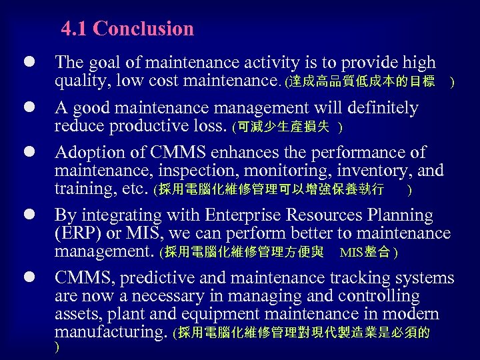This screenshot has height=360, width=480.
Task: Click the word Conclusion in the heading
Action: click(x=144, y=29)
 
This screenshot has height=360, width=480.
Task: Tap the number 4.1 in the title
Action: click(x=75, y=29)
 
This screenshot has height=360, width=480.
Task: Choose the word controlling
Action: click(x=378, y=296)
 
